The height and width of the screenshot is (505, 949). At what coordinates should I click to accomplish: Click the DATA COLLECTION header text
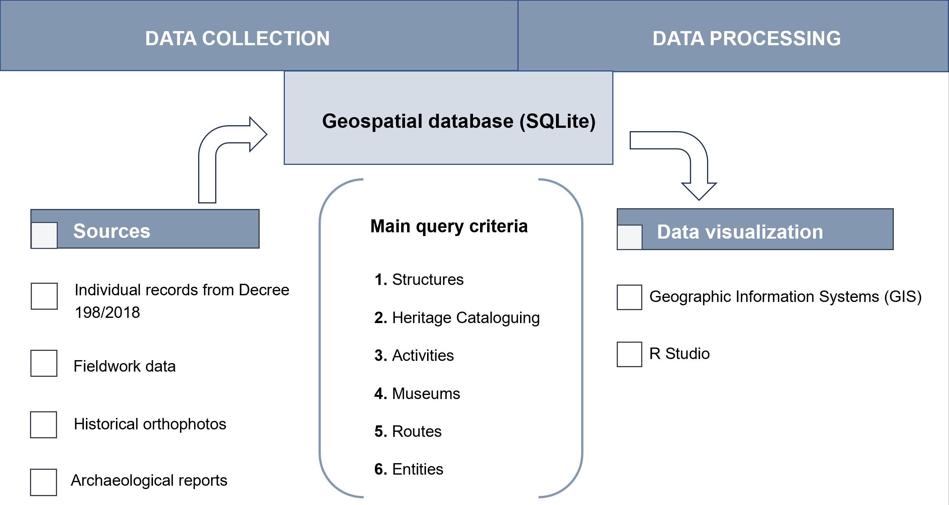click(x=237, y=39)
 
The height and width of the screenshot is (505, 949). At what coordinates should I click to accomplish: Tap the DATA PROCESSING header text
click(x=746, y=39)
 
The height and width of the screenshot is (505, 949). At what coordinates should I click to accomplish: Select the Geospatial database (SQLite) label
click(x=459, y=121)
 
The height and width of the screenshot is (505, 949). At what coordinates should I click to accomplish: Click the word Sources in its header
click(x=111, y=231)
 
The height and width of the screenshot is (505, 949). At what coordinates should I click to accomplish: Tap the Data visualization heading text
click(x=740, y=232)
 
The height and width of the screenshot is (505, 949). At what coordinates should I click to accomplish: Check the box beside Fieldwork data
click(x=44, y=363)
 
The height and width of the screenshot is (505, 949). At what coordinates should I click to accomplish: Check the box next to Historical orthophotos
click(x=43, y=425)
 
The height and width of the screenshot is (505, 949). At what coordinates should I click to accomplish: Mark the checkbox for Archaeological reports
click(x=43, y=482)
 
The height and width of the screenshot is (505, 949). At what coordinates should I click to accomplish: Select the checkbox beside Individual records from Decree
click(x=44, y=296)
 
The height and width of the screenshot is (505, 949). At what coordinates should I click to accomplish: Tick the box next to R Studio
click(x=629, y=354)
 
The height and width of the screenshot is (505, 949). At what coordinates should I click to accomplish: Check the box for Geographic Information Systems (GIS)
click(x=629, y=297)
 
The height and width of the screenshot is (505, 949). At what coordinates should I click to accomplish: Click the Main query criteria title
click(x=449, y=226)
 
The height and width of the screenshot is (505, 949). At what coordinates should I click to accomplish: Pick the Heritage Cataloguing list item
click(x=457, y=318)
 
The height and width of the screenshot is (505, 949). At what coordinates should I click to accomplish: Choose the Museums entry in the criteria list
click(x=417, y=393)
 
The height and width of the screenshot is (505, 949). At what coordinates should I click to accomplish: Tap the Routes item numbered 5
click(x=408, y=431)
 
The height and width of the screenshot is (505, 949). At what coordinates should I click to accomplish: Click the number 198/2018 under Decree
click(x=107, y=312)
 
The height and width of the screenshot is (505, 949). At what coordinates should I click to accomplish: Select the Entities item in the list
click(x=409, y=469)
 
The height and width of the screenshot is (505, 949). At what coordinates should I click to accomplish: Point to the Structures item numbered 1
click(x=419, y=279)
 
